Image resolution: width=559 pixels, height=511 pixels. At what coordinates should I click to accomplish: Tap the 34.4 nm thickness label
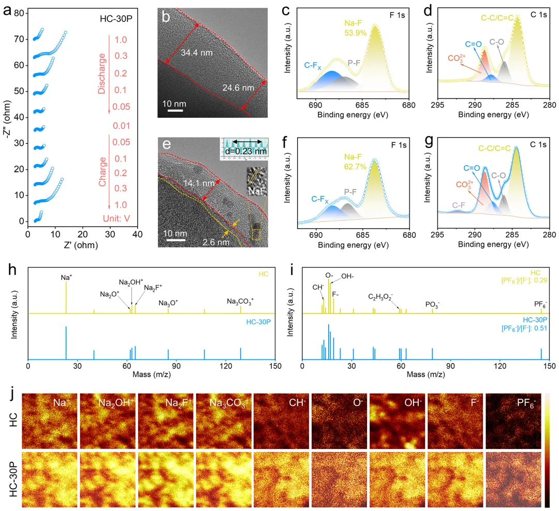click(197, 52)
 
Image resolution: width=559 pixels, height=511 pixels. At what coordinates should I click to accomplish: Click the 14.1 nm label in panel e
click(198, 182)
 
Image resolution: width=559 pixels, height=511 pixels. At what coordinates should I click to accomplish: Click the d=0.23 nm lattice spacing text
click(245, 151)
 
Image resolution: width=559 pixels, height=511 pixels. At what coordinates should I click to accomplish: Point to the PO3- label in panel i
click(432, 305)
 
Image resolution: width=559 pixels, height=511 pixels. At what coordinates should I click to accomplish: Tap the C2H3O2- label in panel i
click(381, 296)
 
